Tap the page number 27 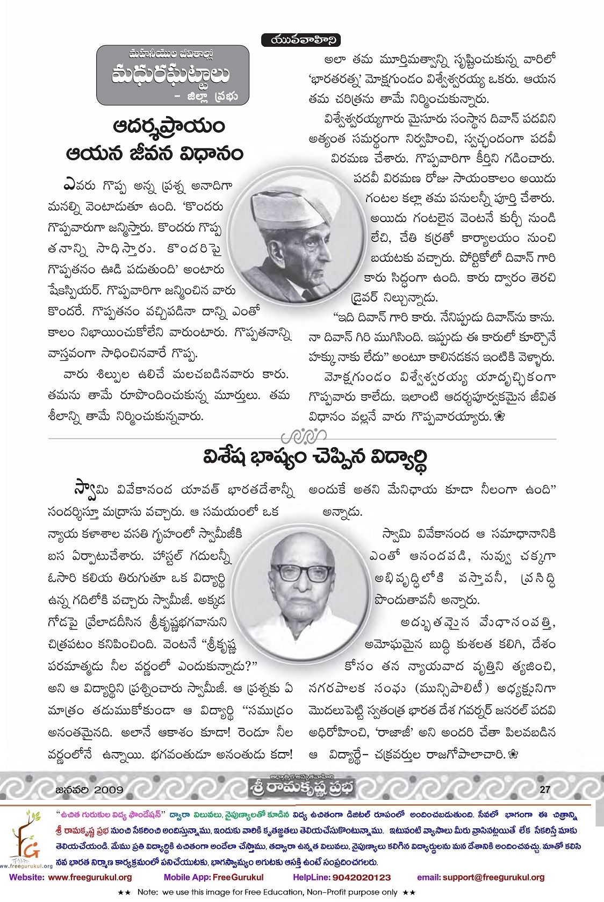click(545, 789)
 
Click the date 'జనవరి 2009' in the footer click(89, 790)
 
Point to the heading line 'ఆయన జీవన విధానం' click(154, 154)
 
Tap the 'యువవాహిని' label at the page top click(301, 40)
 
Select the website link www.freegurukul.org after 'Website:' click(90, 877)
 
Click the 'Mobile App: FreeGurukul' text click(213, 877)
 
